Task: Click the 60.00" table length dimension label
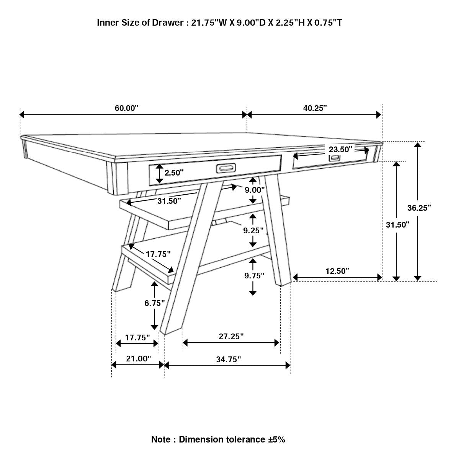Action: (126, 108)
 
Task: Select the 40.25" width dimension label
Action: (315, 108)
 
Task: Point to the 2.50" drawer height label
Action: (174, 172)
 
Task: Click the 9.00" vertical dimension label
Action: (255, 190)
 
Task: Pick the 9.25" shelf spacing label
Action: (253, 230)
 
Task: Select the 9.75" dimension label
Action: (254, 275)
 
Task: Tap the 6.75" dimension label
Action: (154, 303)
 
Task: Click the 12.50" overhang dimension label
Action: (337, 271)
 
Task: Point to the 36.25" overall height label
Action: (419, 208)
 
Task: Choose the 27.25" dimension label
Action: (231, 336)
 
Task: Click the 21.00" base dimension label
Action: (139, 359)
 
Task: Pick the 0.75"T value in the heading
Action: (328, 23)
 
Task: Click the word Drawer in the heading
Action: (168, 23)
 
